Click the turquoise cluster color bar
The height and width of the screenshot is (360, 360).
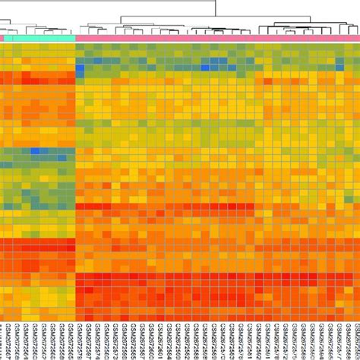40,37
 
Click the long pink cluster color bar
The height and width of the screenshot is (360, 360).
217,37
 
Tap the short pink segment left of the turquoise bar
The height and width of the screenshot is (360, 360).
2,37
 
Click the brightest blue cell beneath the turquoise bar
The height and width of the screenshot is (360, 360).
34,151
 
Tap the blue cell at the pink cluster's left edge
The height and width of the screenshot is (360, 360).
80,70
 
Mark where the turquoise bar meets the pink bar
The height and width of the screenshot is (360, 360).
76,37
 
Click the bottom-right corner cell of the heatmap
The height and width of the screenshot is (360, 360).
355,315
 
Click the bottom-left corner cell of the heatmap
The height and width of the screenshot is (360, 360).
3,315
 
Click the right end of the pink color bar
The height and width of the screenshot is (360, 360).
358,37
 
